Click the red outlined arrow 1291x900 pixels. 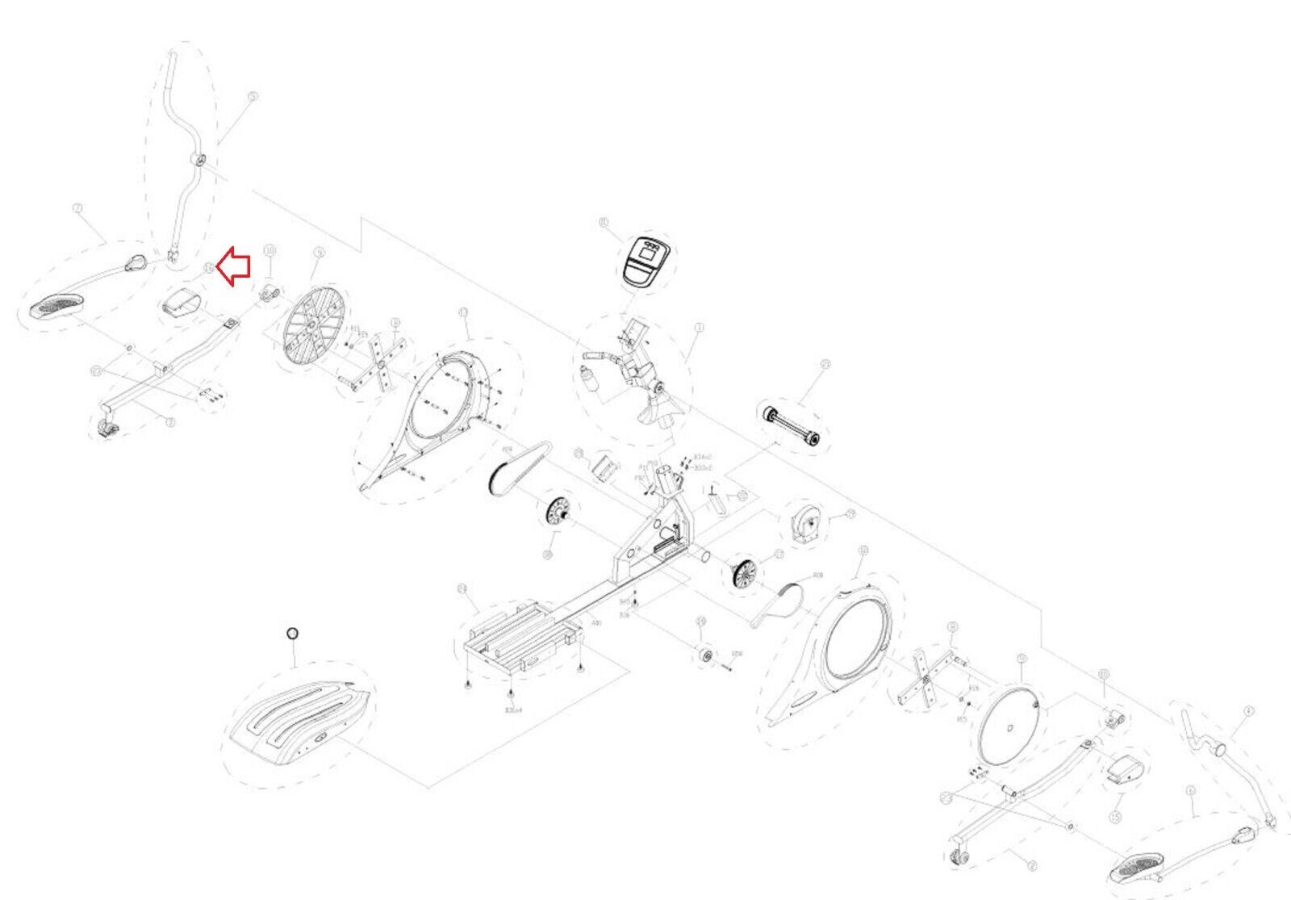(235, 266)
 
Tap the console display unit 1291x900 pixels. (648, 261)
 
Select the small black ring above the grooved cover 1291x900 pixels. (293, 633)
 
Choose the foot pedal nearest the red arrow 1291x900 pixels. (57, 307)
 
